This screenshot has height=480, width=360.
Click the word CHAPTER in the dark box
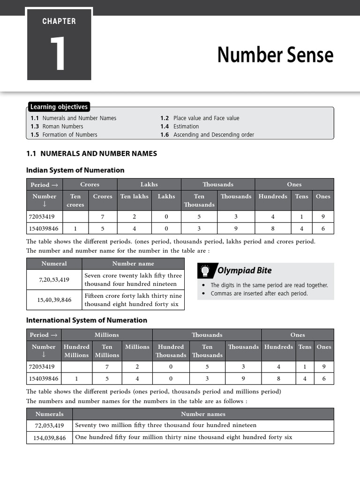pyautogui.click(x=59, y=21)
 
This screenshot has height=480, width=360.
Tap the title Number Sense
pyautogui.click(x=275, y=55)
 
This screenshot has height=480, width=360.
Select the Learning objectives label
pyautogui.click(x=59, y=107)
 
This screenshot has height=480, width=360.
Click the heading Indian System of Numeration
pyautogui.click(x=75, y=170)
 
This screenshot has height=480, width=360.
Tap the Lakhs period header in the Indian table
pyautogui.click(x=149, y=184)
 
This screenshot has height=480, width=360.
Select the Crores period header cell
pyautogui.click(x=90, y=184)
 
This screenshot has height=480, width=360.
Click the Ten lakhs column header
pyautogui.click(x=134, y=196)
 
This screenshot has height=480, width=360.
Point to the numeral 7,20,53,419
pyautogui.click(x=54, y=280)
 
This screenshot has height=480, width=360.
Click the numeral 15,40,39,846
pyautogui.click(x=54, y=300)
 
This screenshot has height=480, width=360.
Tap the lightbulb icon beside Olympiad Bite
pyautogui.click(x=205, y=270)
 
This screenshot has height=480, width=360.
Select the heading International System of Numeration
pyautogui.click(x=87, y=320)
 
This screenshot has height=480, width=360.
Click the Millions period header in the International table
pyautogui.click(x=107, y=335)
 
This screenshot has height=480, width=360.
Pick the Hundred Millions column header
pyautogui.click(x=76, y=351)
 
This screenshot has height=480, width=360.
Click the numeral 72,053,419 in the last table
pyautogui.click(x=49, y=426)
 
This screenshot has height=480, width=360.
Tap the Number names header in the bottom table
pyautogui.click(x=203, y=414)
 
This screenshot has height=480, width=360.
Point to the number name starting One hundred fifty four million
pyautogui.click(x=183, y=437)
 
